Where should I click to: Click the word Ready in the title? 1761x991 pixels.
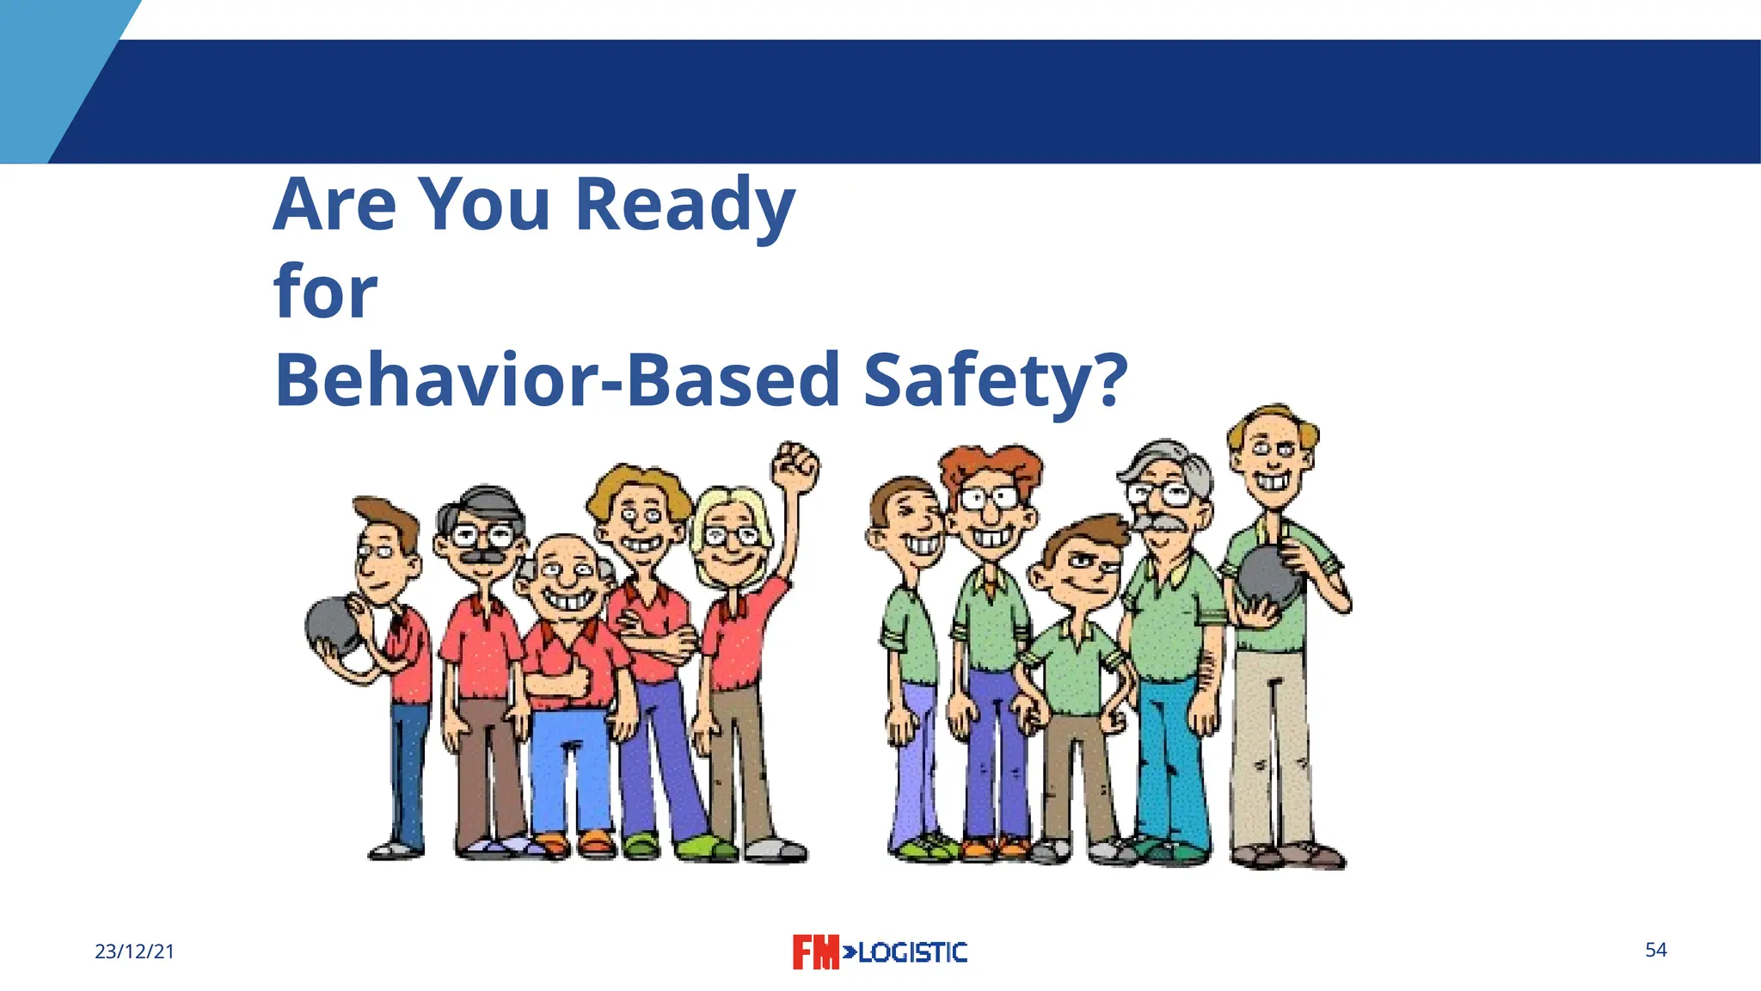pyautogui.click(x=684, y=205)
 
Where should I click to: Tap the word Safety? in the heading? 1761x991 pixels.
pyautogui.click(x=995, y=380)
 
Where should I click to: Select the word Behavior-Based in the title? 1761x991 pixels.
pyautogui.click(x=556, y=380)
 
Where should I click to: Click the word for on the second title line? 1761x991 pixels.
pyautogui.click(x=325, y=292)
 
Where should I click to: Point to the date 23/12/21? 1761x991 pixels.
pyautogui.click(x=134, y=951)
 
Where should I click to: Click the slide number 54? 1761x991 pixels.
pyautogui.click(x=1655, y=950)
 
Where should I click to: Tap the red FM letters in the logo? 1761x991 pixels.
pyautogui.click(x=814, y=952)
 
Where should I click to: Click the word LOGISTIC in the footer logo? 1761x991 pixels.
pyautogui.click(x=911, y=952)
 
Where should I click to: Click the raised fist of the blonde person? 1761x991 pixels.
pyautogui.click(x=795, y=466)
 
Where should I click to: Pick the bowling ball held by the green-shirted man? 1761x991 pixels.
pyautogui.click(x=1269, y=575)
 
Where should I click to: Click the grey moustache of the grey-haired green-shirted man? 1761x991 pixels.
pyautogui.click(x=1158, y=522)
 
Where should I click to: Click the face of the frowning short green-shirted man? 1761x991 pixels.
pyautogui.click(x=1085, y=568)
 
